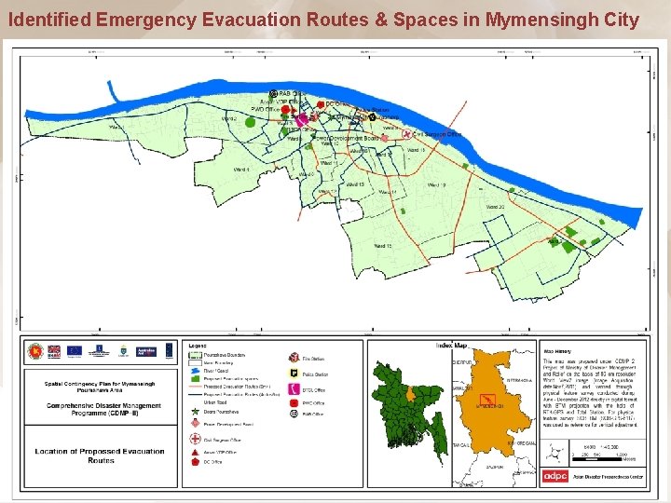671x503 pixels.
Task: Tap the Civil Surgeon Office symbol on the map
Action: tap(406, 134)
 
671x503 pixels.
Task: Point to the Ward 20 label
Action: tap(495, 207)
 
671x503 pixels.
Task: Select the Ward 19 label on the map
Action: tap(436, 185)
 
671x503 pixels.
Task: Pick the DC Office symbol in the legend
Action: tap(195, 461)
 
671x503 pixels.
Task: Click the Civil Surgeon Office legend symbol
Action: tap(195, 441)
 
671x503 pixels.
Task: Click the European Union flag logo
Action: tap(75, 351)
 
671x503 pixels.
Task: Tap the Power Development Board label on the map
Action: tap(346, 138)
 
